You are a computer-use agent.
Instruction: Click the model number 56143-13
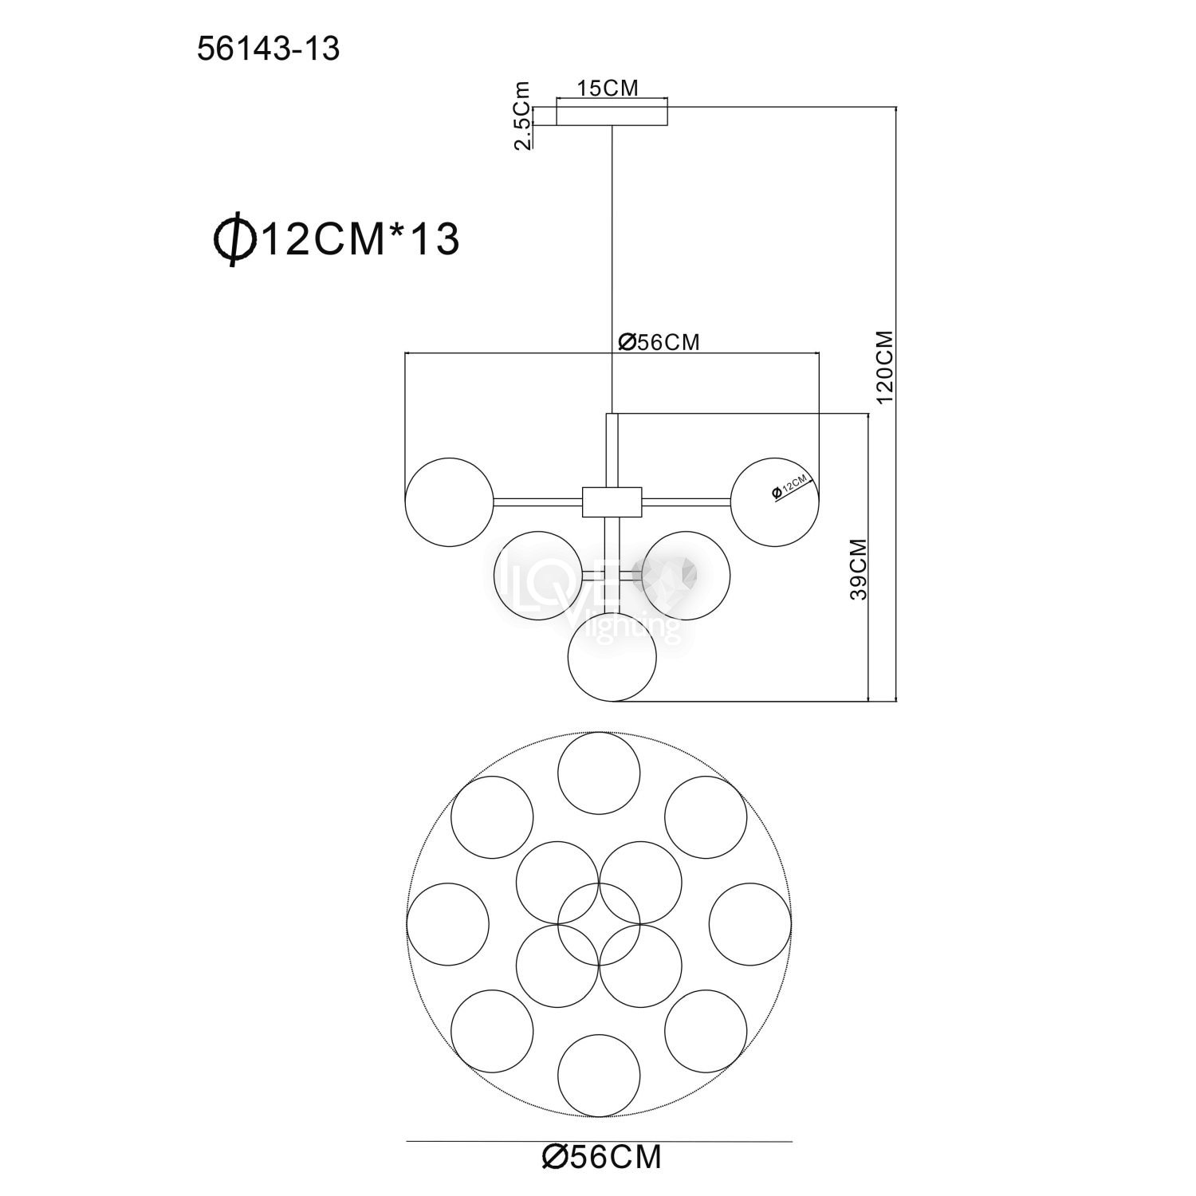(268, 49)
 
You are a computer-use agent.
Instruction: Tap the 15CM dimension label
(608, 89)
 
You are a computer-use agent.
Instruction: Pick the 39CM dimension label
(858, 569)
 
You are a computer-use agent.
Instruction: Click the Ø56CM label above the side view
(659, 342)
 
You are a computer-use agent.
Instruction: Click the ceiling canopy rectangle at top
(612, 116)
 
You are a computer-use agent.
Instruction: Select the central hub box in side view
(612, 502)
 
